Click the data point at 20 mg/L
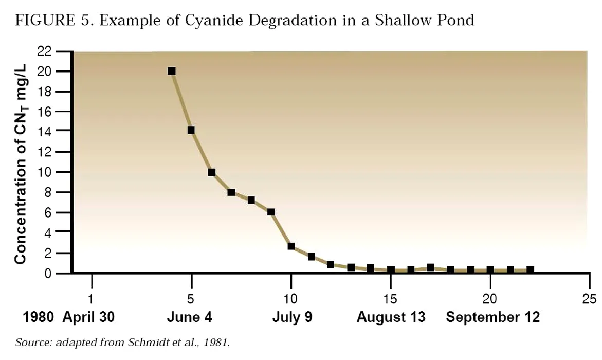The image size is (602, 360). [172, 71]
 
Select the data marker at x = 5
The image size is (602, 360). [191, 130]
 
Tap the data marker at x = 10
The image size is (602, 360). [291, 246]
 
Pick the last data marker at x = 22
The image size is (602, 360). [530, 270]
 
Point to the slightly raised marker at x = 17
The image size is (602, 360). [430, 267]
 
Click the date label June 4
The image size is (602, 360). [189, 317]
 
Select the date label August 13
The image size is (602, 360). [391, 317]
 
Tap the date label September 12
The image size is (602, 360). [492, 317]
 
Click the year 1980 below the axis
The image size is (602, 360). [39, 317]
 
